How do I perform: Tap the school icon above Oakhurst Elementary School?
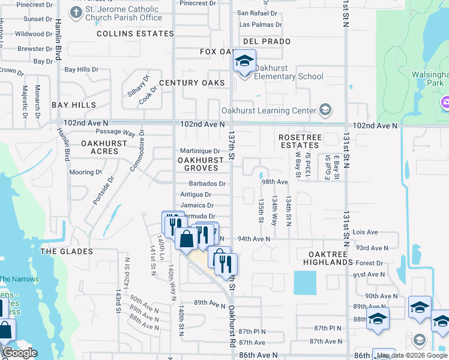point(244,61)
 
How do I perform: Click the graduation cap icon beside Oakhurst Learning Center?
point(325,109)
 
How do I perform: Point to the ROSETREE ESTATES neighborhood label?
point(300,141)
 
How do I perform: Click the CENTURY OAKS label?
point(192,83)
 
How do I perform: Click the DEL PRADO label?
point(267,41)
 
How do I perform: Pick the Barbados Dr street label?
point(207,184)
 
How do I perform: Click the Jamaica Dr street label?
point(197,205)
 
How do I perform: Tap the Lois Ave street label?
point(366,232)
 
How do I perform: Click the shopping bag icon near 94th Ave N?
point(187,238)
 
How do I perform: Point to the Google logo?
point(20,353)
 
